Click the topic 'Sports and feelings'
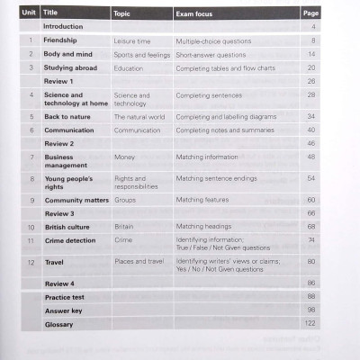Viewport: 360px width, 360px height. point(141,54)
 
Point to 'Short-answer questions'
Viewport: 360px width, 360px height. point(211,54)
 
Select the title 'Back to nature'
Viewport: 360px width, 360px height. point(69,116)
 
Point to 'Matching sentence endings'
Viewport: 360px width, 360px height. point(217,178)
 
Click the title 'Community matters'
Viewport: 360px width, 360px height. point(77,200)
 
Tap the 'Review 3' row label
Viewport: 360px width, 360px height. point(59,213)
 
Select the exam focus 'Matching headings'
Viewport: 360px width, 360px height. point(203,227)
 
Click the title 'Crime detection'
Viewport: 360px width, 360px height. point(72,240)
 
